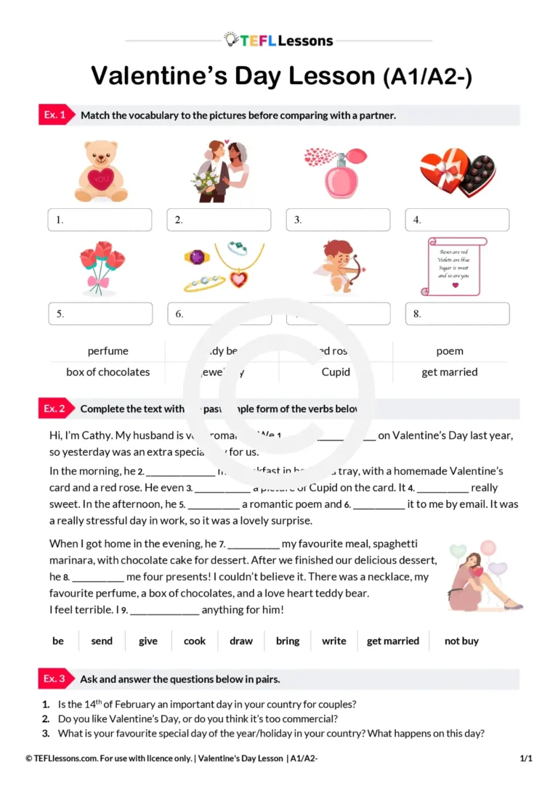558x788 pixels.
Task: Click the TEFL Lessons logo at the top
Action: pos(278,40)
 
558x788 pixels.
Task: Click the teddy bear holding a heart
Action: pos(100,172)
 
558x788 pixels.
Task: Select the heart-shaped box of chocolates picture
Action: pos(458,172)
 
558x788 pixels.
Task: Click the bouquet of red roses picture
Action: pos(101,268)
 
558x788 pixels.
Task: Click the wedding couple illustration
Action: pos(219,172)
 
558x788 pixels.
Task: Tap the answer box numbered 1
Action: pos(100,220)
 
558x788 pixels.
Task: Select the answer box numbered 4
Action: pos(457,220)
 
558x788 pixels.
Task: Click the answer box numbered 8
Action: pos(457,314)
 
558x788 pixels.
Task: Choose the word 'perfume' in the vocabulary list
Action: pos(108,351)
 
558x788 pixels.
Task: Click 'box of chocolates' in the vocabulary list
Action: pos(108,372)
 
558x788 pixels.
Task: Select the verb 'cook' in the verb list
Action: pos(195,641)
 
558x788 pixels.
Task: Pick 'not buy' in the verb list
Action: pos(461,641)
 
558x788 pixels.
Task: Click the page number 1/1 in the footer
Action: pos(526,759)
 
